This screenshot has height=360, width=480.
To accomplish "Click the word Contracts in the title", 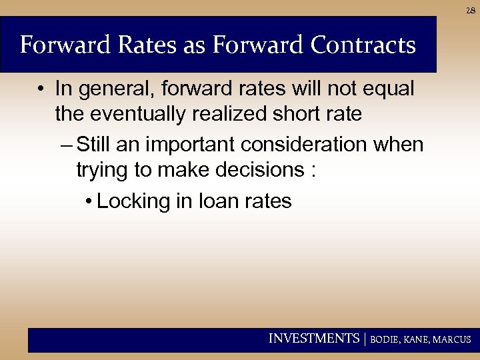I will click(363, 45).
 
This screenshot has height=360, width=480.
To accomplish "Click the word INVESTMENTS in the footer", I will click(313, 339).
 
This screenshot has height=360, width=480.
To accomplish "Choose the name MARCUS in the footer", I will click(451, 339).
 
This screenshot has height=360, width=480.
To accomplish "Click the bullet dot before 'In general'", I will click(41, 89).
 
